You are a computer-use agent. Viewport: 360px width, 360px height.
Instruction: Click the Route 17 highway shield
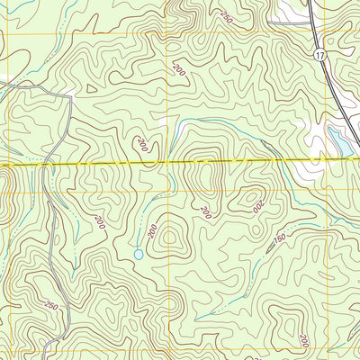click(319, 55)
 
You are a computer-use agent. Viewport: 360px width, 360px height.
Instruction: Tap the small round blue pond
click(139, 255)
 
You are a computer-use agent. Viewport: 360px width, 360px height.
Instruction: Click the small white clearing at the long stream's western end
click(164, 121)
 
